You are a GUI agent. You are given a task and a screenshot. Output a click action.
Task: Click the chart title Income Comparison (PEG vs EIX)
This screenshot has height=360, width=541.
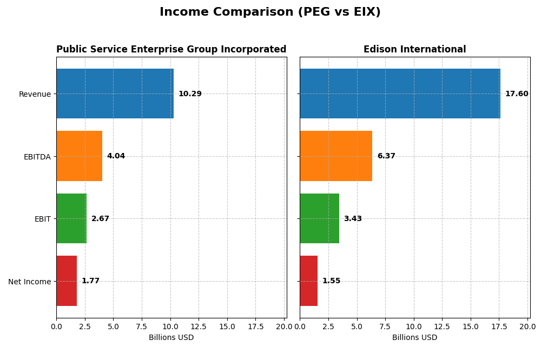(x=270, y=12)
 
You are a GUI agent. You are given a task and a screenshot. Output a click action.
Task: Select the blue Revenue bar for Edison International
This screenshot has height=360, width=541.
(x=400, y=94)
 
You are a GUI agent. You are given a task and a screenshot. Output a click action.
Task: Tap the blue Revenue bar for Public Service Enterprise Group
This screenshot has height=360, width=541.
(x=115, y=94)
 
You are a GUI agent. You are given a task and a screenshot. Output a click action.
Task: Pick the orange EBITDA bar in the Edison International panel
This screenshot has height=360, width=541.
(x=336, y=156)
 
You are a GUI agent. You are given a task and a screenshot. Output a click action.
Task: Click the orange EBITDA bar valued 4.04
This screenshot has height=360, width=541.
(x=79, y=156)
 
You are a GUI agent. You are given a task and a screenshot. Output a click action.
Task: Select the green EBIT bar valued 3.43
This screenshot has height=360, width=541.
(x=319, y=218)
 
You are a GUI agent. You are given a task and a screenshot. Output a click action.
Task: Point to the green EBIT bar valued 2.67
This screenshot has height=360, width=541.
(x=71, y=218)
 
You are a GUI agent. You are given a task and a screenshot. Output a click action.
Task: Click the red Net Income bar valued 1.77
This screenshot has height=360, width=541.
(x=67, y=281)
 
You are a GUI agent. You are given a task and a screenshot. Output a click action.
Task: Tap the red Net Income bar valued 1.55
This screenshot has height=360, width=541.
(x=308, y=281)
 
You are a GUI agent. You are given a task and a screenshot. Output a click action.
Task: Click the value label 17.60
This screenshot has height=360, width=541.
(x=517, y=94)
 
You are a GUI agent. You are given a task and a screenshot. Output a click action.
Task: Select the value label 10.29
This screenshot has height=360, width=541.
(x=190, y=94)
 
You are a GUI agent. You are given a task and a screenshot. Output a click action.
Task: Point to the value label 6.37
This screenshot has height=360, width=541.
(x=386, y=156)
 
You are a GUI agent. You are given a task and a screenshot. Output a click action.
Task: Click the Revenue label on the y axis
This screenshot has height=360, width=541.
(x=35, y=95)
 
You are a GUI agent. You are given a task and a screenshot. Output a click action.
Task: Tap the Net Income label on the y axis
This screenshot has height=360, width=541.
(x=29, y=282)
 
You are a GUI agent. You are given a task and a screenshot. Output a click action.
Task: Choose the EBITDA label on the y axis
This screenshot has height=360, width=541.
(x=37, y=157)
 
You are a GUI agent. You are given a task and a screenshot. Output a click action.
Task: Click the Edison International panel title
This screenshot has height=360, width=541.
(x=414, y=50)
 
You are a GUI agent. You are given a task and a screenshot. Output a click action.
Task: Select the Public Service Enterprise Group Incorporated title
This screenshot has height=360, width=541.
(x=171, y=50)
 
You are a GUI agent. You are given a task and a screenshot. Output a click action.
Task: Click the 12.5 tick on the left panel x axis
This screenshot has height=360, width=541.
(x=199, y=326)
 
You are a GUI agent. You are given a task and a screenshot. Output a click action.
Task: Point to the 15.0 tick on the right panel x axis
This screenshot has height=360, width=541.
(x=471, y=326)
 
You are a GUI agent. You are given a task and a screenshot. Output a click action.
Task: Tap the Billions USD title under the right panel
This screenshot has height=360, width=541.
(x=414, y=338)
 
